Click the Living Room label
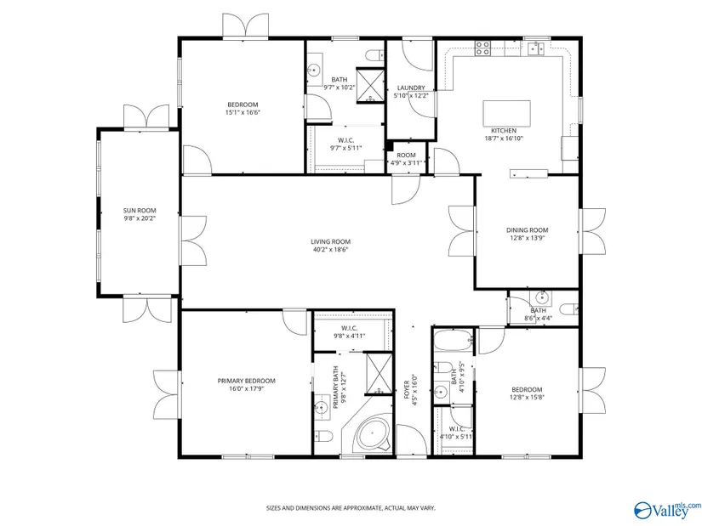click(x=330, y=242)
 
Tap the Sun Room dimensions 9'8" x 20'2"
click(x=140, y=218)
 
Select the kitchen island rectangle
click(x=506, y=114)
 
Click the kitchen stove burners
click(x=482, y=48)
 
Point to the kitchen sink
click(x=535, y=48)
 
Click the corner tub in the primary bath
click(x=373, y=434)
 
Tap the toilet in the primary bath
click(x=322, y=435)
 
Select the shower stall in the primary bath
click(x=380, y=374)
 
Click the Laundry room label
click(x=411, y=88)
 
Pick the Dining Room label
click(x=527, y=230)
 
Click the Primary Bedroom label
click(x=246, y=381)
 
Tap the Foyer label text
click(x=407, y=389)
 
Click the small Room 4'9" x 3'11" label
click(x=406, y=156)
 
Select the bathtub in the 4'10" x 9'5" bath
click(x=454, y=341)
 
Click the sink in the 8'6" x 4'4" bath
click(x=541, y=297)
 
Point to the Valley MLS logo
click(x=667, y=510)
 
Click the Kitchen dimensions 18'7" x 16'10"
click(x=504, y=139)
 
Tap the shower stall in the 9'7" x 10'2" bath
click(x=370, y=86)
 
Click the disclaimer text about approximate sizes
click(x=351, y=508)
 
